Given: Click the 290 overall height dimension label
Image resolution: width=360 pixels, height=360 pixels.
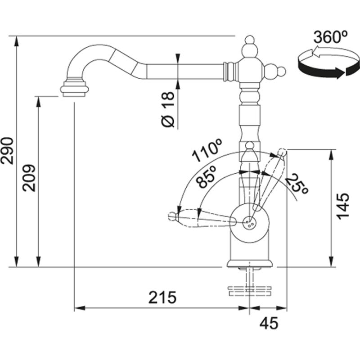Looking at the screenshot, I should click(x=10, y=151).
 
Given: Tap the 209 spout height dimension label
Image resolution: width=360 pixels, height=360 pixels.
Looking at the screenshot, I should click(x=29, y=178).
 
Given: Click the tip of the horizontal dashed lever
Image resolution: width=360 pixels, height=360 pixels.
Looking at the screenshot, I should click(x=172, y=216).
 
